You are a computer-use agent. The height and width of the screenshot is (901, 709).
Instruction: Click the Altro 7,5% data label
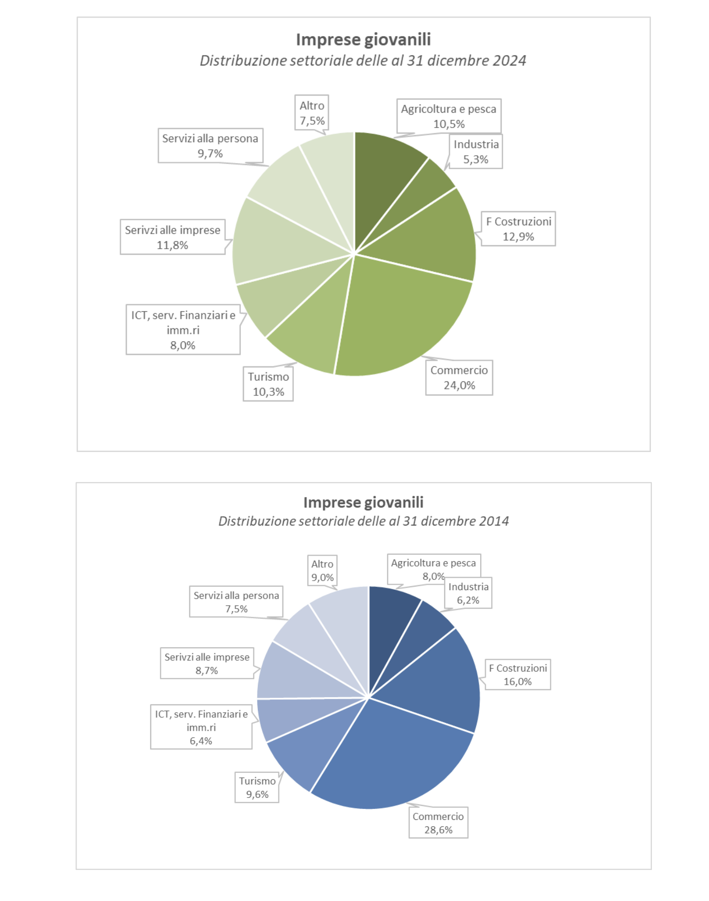(312, 113)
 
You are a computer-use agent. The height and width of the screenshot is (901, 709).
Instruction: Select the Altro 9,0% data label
(322, 571)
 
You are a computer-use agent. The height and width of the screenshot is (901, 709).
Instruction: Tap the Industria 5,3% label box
(476, 152)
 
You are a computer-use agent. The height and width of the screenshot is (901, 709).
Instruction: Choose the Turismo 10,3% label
(268, 384)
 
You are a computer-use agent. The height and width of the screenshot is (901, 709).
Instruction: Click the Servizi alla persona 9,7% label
(210, 146)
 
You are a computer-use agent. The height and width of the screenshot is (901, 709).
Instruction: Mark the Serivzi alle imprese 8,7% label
(207, 664)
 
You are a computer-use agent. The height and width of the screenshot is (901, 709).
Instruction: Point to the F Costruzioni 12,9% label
(518, 229)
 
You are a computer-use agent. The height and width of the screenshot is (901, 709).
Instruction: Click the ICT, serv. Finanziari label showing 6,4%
(201, 727)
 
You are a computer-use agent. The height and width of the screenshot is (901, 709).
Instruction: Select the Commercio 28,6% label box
(438, 823)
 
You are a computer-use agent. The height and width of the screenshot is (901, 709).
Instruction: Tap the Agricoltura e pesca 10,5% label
(449, 116)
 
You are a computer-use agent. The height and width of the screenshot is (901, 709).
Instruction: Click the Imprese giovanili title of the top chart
(363, 40)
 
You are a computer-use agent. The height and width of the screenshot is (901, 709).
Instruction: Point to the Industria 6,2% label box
(468, 593)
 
